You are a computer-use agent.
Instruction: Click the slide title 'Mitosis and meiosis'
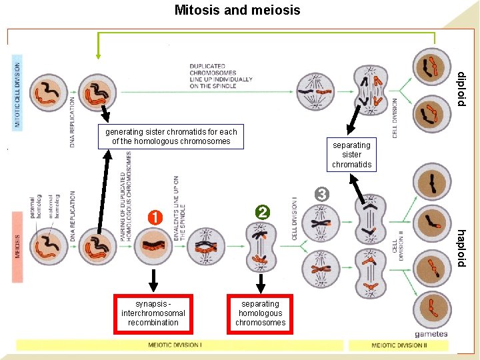click(237, 10)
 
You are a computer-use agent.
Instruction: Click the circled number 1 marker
click(154, 217)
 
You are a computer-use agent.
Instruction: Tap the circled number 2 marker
click(263, 213)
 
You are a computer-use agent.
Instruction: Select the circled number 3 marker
click(322, 194)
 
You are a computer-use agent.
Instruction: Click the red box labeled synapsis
click(153, 313)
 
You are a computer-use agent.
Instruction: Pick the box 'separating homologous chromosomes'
click(260, 313)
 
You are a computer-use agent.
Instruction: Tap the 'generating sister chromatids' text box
click(171, 137)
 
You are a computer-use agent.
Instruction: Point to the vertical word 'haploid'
click(461, 248)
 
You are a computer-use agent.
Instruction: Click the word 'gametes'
click(431, 334)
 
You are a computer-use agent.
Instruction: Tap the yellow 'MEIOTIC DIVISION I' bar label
click(175, 345)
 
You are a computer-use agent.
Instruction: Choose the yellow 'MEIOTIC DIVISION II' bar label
click(399, 345)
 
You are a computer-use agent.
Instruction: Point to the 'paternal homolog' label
click(34, 207)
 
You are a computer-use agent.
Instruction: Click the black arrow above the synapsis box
click(154, 280)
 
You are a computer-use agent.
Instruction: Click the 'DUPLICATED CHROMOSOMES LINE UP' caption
click(221, 76)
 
